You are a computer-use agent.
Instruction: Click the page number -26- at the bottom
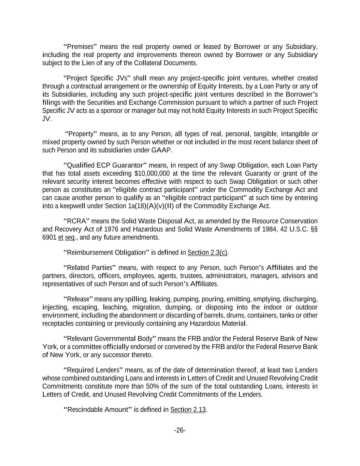[180, 430]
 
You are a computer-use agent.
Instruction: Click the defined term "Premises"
[81, 47]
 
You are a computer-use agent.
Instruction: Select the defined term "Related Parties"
[90, 268]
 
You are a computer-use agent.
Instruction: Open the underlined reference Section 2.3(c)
[207, 253]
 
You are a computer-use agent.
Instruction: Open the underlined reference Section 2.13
[188, 410]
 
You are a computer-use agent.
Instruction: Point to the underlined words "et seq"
[66, 237]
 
